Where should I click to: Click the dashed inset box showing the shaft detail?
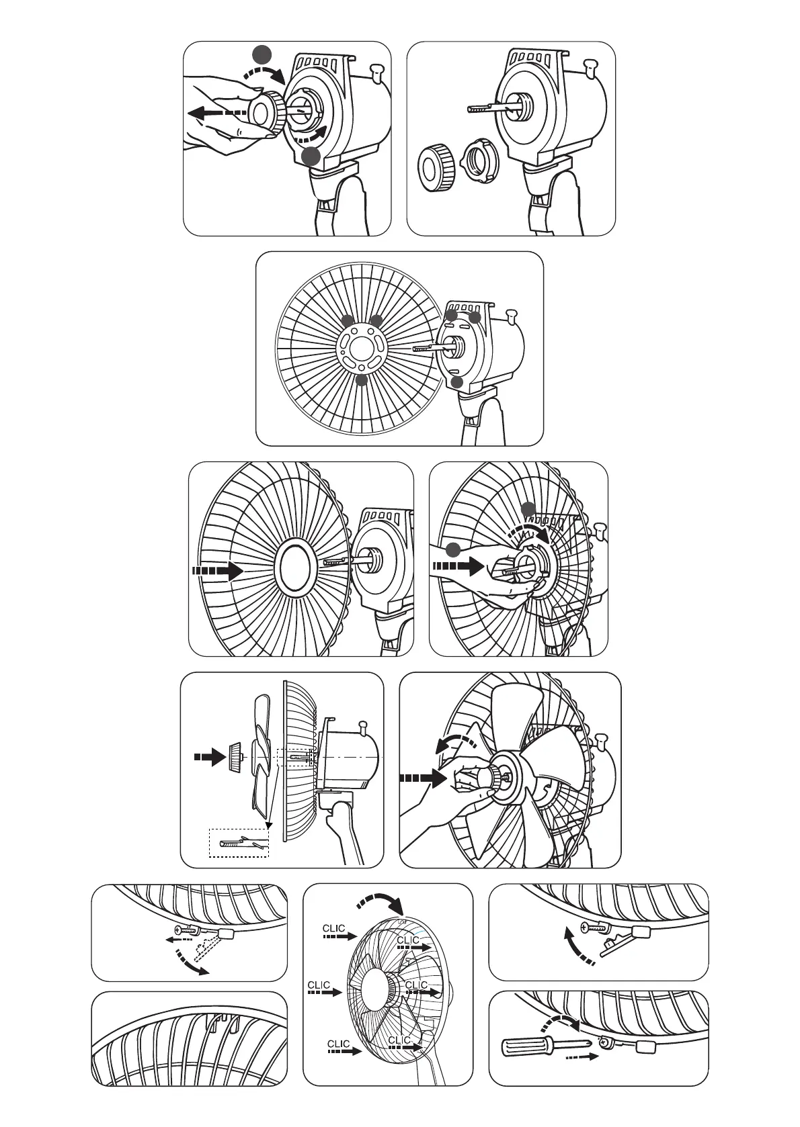tap(239, 842)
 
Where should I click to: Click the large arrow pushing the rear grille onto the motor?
tap(217, 572)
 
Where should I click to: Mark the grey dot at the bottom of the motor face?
tap(458, 382)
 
